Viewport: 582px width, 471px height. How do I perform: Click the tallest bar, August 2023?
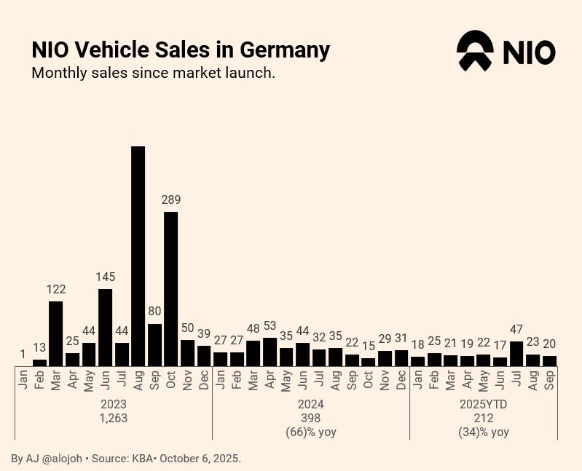click(138, 256)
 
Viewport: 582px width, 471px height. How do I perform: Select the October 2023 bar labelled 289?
click(171, 288)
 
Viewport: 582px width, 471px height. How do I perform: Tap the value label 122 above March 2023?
click(56, 289)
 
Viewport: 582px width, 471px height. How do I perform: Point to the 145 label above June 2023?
click(105, 277)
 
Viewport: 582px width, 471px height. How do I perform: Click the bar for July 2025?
click(517, 353)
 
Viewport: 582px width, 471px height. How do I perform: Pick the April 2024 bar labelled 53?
click(270, 352)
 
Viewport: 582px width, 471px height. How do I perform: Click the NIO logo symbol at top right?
click(474, 51)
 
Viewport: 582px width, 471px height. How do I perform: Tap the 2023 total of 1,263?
click(114, 418)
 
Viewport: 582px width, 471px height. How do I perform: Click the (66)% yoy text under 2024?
click(311, 432)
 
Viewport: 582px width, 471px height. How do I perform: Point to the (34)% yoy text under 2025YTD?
click(484, 432)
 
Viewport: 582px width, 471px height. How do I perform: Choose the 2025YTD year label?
click(484, 404)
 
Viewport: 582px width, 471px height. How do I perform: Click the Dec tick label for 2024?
click(401, 379)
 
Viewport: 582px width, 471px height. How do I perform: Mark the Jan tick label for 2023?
click(23, 379)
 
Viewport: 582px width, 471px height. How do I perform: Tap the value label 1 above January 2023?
click(23, 355)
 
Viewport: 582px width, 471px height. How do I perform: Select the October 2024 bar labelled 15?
click(369, 361)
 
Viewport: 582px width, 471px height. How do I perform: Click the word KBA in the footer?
click(141, 459)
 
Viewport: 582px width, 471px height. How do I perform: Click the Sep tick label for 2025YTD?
click(550, 379)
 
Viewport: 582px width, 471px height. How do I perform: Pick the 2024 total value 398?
click(311, 418)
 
